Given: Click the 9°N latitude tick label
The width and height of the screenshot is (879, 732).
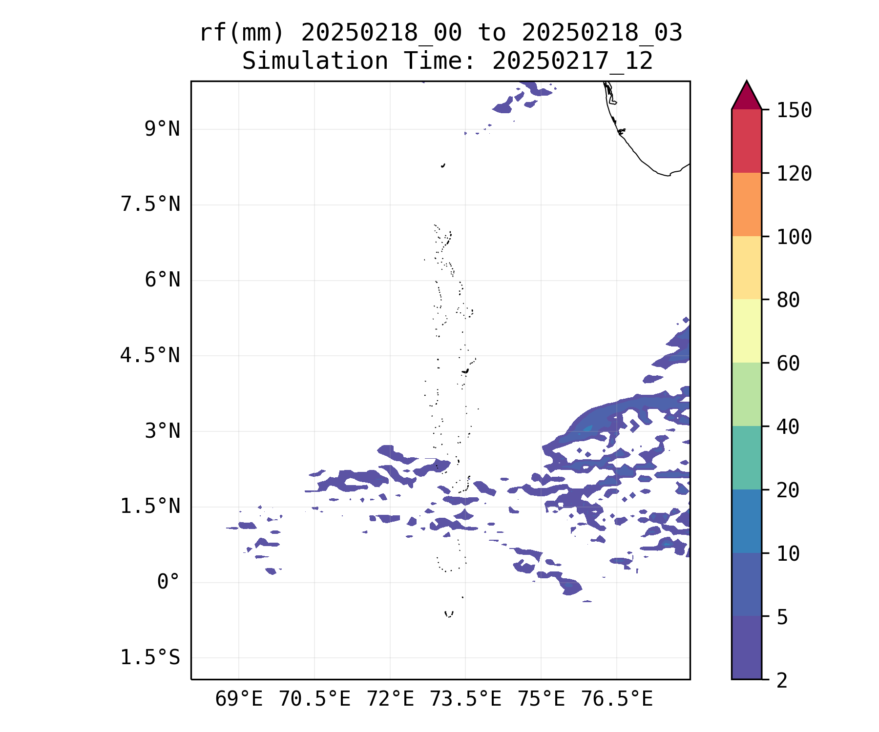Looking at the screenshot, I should [162, 129].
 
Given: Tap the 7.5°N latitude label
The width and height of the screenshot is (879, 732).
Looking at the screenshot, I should [150, 204].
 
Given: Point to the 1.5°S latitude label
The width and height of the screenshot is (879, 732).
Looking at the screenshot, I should [150, 658].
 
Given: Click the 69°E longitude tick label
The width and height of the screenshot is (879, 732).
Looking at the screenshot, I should [239, 699].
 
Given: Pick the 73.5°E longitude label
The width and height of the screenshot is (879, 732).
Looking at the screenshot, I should [465, 699].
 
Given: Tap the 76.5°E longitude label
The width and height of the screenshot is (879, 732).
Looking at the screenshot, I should [617, 699].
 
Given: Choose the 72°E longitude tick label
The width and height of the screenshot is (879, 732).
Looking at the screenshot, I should [390, 699].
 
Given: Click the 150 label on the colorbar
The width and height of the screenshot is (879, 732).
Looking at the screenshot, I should [795, 110].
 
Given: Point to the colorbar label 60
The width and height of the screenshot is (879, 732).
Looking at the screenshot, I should [788, 363].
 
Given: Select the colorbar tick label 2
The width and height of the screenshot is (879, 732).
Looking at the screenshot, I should [782, 680].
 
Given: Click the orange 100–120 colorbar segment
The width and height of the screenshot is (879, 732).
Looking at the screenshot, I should [746, 204].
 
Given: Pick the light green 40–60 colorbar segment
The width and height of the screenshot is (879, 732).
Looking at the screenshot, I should [746, 394].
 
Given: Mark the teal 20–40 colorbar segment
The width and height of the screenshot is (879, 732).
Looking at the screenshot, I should [746, 458].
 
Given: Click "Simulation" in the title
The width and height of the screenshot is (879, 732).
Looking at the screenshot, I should [315, 61].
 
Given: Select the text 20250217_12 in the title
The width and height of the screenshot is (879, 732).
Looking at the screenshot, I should [572, 61].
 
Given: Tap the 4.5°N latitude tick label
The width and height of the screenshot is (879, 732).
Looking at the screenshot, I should [150, 355].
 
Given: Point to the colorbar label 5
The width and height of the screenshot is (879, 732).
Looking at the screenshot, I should [782, 617].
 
